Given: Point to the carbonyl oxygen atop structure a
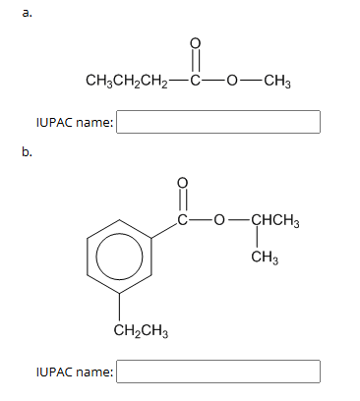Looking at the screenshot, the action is point(194,43).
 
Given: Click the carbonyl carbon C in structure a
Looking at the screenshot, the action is point(194,80).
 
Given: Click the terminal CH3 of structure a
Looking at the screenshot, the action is point(274,80).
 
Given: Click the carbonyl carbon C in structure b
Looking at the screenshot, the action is point(180,218).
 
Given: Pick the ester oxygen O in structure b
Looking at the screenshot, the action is point(216,218).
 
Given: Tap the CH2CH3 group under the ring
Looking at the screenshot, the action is point(141,330).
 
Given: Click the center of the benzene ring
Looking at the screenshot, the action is point(120,258).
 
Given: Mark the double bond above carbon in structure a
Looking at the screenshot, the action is point(194,61).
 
